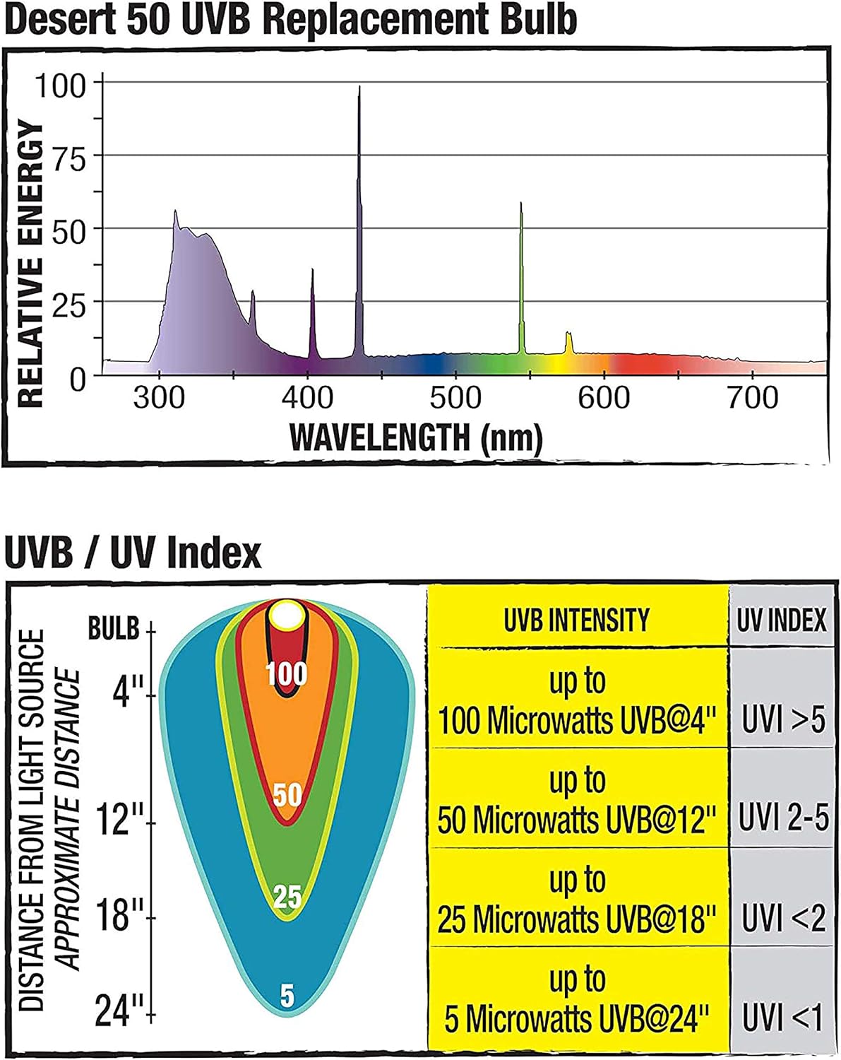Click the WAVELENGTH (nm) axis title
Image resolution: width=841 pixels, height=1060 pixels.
(416, 437)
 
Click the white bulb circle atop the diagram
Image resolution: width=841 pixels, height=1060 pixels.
(286, 616)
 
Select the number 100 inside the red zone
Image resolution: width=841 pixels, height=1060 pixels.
(286, 673)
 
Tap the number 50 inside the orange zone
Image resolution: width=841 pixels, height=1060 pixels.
(287, 796)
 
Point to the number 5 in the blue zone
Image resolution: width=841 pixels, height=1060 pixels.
(287, 996)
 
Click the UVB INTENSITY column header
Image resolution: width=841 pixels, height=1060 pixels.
(577, 620)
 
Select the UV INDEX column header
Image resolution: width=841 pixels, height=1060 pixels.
(782, 620)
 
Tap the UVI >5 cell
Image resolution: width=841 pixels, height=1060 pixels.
(783, 721)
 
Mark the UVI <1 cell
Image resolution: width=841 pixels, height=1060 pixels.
(783, 1019)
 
